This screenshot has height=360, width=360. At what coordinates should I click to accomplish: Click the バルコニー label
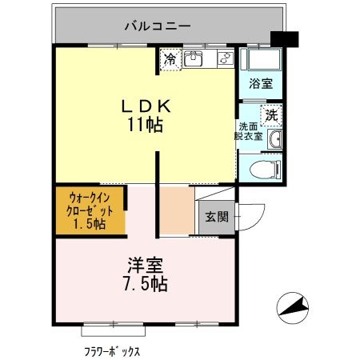157,26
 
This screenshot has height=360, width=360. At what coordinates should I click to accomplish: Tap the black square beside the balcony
284,38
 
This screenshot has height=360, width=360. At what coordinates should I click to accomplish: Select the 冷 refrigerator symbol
170,58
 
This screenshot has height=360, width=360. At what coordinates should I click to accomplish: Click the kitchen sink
194,58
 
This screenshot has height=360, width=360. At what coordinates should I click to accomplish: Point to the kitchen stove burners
224,58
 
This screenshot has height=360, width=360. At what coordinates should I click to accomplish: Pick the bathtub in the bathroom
262,61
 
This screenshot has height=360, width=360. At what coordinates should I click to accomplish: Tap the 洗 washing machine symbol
272,115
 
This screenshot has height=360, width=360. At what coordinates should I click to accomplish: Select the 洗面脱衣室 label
249,131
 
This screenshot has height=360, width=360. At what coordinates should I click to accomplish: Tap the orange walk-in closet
90,210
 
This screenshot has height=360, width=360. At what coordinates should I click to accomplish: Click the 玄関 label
215,216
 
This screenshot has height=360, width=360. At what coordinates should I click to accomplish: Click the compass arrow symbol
292,306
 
